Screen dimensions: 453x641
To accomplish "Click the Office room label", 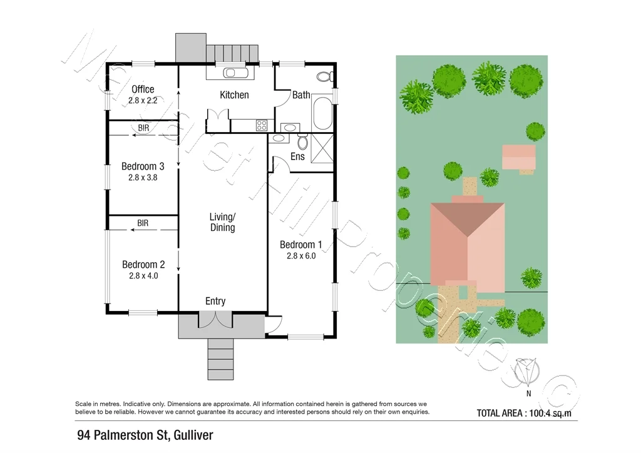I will click(143, 89).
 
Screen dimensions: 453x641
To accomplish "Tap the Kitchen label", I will click(234, 95).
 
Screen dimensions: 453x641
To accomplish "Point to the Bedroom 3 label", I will click(143, 166).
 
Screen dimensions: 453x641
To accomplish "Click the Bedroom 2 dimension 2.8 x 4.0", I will click(143, 275).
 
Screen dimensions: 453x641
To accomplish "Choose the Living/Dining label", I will click(222, 222).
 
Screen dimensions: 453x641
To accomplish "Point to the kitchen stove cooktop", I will click(262, 125).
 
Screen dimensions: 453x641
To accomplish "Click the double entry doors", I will click(215, 319).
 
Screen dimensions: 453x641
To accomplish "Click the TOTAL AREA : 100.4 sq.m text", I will click(524, 413).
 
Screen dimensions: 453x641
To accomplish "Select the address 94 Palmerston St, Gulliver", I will click(145, 435).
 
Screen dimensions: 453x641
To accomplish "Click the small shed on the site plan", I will click(519, 156).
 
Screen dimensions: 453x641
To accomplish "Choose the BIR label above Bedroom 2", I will click(143, 223).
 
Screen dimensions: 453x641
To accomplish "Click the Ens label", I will click(297, 156).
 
